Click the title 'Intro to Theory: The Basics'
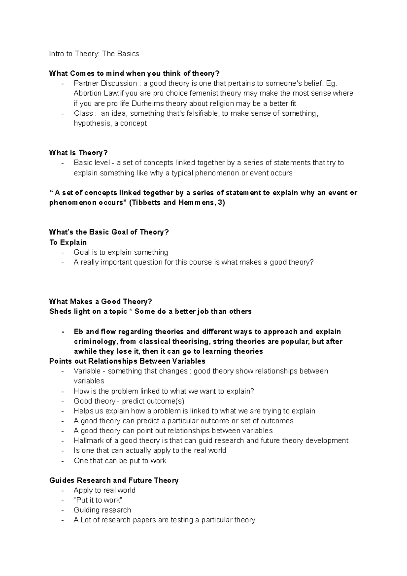94,54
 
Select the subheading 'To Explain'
68,243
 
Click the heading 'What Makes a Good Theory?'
100,302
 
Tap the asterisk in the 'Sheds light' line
130,312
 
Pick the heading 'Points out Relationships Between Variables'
127,361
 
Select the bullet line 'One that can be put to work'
120,461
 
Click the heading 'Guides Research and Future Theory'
114,480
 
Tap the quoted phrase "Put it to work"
98,500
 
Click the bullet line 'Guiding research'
102,510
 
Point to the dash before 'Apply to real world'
62,491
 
